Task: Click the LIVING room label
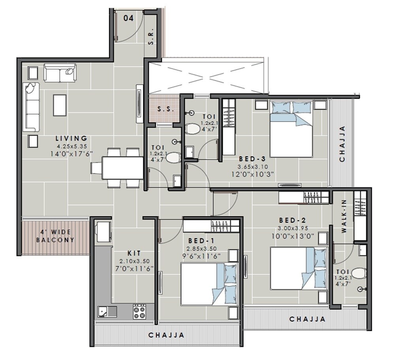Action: [x=71, y=139]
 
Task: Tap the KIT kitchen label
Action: [x=133, y=253]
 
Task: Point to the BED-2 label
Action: [x=292, y=220]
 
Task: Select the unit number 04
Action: [x=128, y=18]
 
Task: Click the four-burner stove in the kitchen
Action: [x=139, y=311]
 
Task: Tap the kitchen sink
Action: [x=107, y=311]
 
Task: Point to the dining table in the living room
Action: [x=122, y=168]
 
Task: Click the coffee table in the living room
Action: [x=60, y=105]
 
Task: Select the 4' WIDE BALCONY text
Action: [x=55, y=236]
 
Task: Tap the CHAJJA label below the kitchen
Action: [x=166, y=335]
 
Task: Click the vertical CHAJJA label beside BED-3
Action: [x=342, y=144]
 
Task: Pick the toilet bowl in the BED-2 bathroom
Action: [x=359, y=273]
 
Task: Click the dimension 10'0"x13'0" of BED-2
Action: [x=293, y=236]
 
